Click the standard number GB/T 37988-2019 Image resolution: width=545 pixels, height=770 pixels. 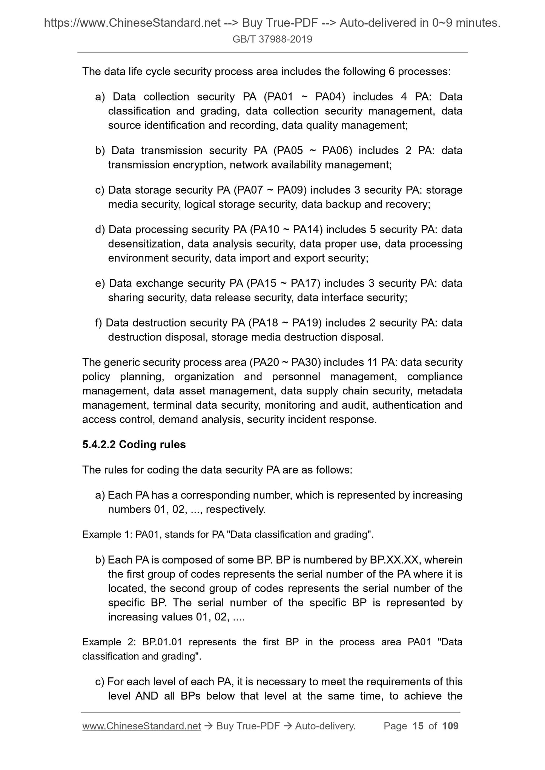[x=272, y=39]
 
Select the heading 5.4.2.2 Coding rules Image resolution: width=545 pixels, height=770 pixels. [x=134, y=445]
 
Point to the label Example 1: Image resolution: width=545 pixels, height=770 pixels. [x=107, y=535]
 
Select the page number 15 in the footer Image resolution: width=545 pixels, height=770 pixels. [x=418, y=726]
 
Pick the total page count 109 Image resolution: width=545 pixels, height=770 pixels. [x=450, y=726]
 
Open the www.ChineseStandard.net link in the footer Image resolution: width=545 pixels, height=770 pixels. [x=141, y=726]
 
